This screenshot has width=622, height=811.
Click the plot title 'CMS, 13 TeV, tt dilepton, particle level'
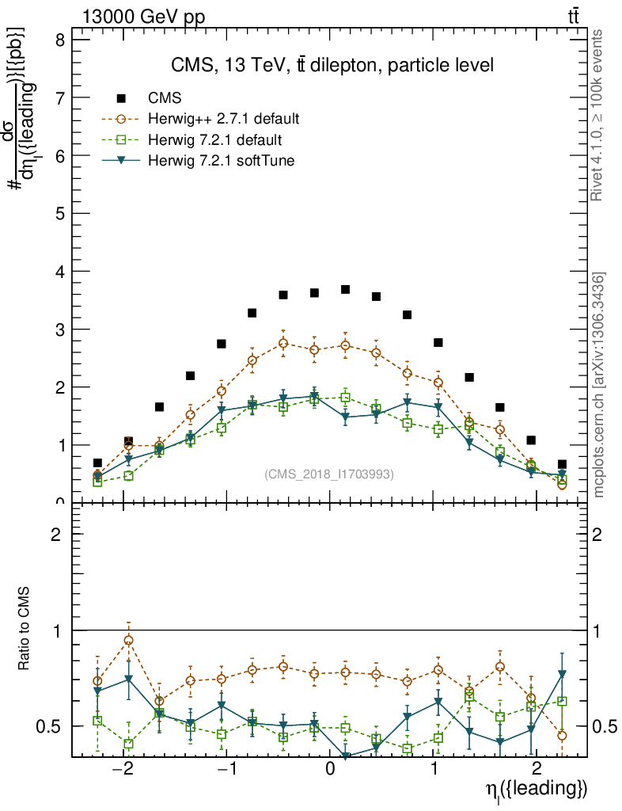[332, 66]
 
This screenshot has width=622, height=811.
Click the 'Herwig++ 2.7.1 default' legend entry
[223, 120]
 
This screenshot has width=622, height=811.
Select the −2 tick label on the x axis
[123, 770]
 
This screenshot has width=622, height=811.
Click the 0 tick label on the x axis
[331, 770]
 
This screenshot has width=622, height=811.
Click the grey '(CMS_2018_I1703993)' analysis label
[328, 474]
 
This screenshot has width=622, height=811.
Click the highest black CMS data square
[345, 290]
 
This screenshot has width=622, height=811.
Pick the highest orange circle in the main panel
[283, 344]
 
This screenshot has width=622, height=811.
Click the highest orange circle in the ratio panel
[128, 640]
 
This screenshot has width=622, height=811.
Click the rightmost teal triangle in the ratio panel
[562, 675]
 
